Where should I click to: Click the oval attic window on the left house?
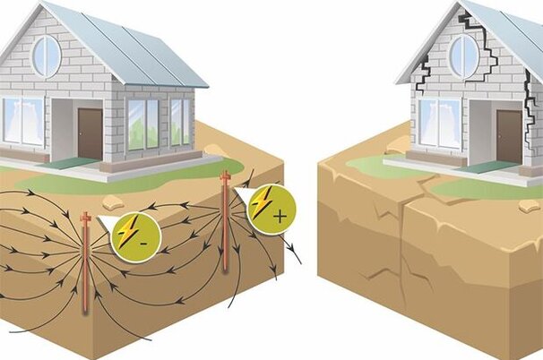point(46,56)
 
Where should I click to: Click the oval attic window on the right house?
point(463,55)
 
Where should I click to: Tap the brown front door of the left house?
point(90,133)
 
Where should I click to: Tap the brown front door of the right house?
point(508,135)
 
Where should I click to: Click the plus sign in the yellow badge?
point(280,216)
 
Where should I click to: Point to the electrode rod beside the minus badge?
point(86,264)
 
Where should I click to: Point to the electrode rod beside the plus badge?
point(226,224)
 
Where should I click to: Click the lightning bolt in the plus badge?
point(262,204)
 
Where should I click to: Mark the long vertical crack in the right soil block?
point(405,260)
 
